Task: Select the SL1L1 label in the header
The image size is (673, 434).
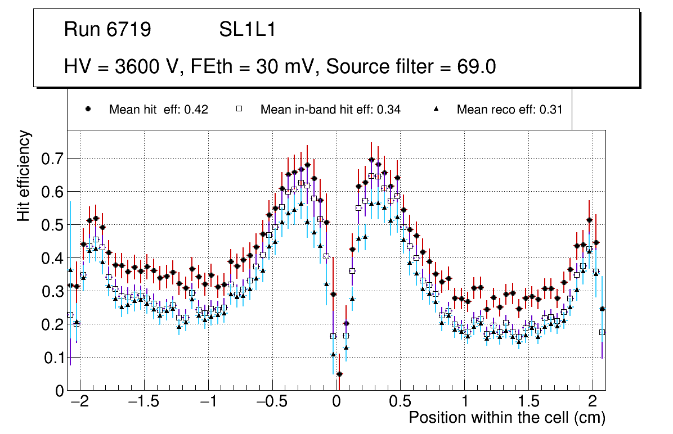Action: tap(247, 30)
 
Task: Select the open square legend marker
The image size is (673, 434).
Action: tap(239, 110)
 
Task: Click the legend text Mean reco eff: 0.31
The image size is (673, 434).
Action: tap(509, 110)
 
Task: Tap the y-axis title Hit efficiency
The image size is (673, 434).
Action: tap(24, 175)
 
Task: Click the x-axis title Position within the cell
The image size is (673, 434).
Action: tap(506, 418)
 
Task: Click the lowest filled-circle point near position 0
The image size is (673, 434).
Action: tap(339, 374)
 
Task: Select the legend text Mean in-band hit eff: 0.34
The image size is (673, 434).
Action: tap(330, 110)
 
